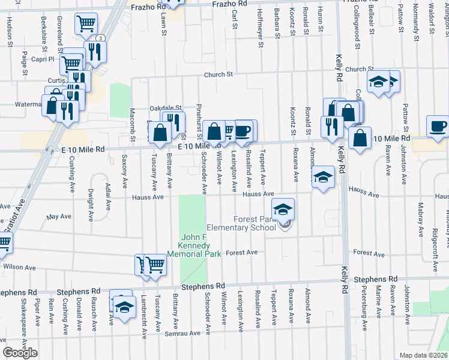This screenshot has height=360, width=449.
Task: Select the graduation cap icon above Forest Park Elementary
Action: (283, 209)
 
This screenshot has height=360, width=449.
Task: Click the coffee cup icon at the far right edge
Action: (437, 127)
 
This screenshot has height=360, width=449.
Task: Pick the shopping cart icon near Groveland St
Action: (86, 24)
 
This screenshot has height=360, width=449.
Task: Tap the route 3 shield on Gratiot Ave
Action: (100, 38)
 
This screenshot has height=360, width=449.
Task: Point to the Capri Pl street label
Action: (43, 59)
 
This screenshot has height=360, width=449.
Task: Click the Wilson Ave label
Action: (19, 267)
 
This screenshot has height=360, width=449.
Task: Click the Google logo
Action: (20, 353)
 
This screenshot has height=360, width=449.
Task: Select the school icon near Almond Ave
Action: (323, 177)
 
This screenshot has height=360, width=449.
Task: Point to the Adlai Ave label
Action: (108, 197)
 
